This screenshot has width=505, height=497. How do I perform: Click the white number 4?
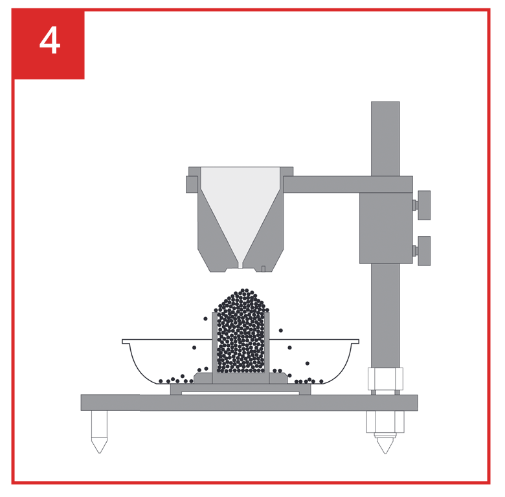coord(50,41)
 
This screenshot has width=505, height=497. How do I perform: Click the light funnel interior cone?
coord(240,206)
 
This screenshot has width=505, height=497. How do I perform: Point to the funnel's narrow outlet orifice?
coord(240,265)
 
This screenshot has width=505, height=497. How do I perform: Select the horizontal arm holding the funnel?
coord(348,184)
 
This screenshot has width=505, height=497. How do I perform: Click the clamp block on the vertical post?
coord(386,228)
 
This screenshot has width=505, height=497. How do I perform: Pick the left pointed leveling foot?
coord(99,432)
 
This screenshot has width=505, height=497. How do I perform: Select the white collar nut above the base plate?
coord(385,379)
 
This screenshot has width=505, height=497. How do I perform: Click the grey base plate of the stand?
coord(249,403)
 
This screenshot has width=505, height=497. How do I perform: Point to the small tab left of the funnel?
coord(192,184)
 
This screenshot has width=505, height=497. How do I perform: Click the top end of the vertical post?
coord(385,102)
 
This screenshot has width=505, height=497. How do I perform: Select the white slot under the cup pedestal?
coord(240,393)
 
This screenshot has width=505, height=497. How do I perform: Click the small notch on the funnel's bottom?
coord(263,269)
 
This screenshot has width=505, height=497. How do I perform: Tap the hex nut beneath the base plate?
coord(385,422)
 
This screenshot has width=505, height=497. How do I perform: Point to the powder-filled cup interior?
coord(241,342)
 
